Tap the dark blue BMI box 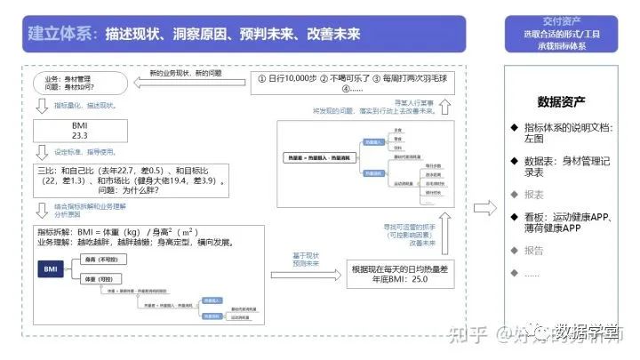[50, 268]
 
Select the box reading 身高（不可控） [101, 260]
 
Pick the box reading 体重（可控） [101, 279]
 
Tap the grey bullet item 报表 [534, 193]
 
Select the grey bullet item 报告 [534, 251]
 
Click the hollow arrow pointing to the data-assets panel [485, 208]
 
